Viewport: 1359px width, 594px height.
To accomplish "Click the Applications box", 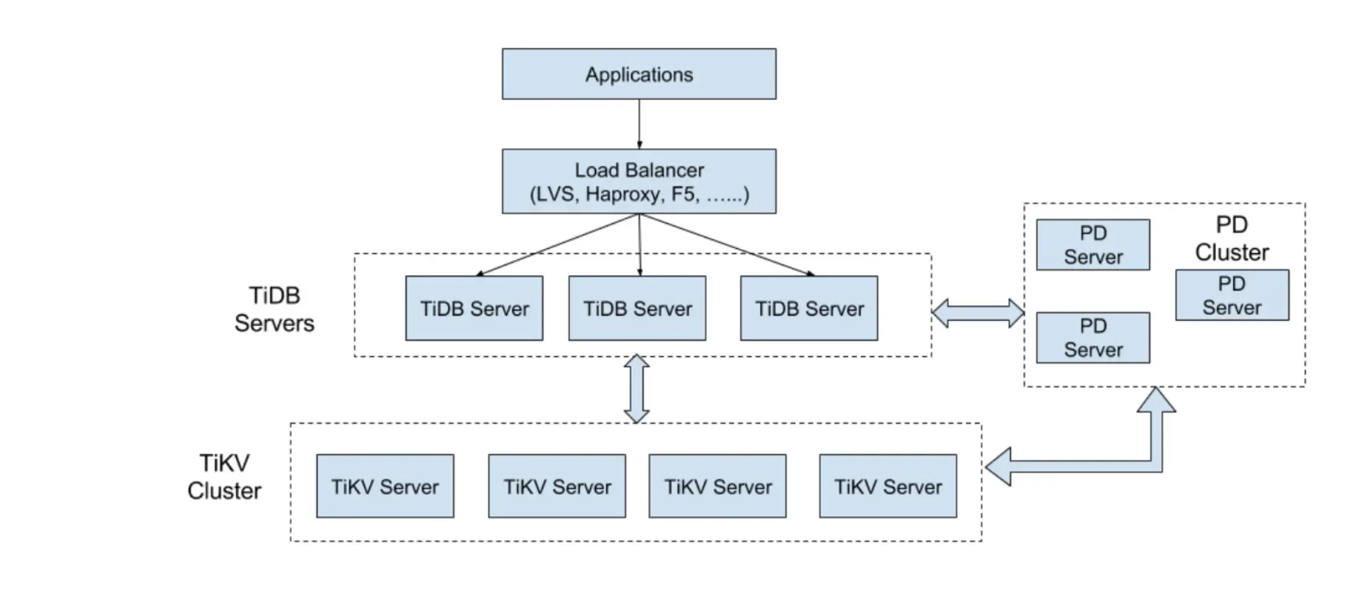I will (x=639, y=74).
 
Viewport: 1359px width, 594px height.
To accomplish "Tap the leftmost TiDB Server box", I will (x=474, y=309).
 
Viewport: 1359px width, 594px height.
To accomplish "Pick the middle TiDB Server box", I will (x=637, y=309).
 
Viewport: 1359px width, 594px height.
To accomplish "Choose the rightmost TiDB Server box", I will (x=809, y=309).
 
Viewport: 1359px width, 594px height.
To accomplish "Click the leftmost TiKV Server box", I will (x=385, y=487).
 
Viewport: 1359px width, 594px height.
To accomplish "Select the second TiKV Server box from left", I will (x=557, y=487).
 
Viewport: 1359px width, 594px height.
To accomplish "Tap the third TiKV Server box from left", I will (x=717, y=487).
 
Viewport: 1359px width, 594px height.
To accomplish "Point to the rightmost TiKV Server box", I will (x=887, y=487).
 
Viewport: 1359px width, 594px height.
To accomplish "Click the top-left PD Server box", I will (x=1093, y=245).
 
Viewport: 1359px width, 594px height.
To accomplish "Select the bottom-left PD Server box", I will (x=1093, y=338).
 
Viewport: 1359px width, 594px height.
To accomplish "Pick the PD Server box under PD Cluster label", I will (x=1232, y=296).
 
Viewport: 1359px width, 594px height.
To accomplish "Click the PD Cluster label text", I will (x=1232, y=238).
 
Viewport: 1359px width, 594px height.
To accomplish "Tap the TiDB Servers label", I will (x=275, y=310).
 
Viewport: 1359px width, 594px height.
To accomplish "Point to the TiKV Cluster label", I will (x=224, y=477).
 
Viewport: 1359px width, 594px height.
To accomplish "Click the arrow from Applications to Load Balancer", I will (x=639, y=124).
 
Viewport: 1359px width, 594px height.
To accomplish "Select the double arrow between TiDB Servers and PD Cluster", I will (x=978, y=313).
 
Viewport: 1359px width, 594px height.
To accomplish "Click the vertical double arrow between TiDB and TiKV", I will (x=637, y=389).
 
